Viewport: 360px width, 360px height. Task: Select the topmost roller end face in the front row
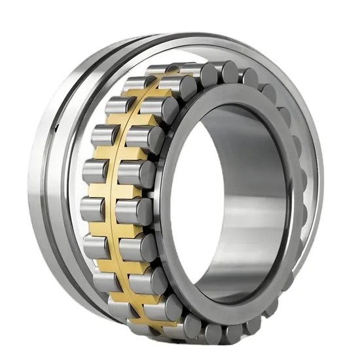pos(210,73)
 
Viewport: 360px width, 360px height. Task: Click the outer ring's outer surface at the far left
pos(36,196)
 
